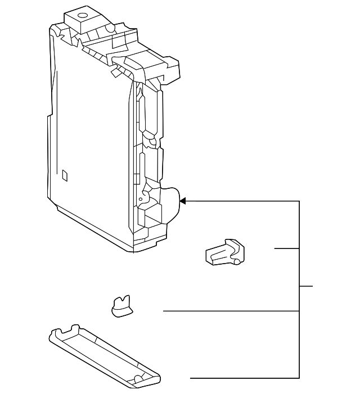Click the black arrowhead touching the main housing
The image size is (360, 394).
(x=182, y=201)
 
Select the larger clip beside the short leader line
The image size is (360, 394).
(x=224, y=251)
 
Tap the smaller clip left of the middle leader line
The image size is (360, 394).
(x=121, y=307)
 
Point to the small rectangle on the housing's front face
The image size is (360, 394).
(x=65, y=175)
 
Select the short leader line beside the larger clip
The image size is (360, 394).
(x=287, y=248)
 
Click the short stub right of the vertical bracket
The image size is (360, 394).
(x=305, y=286)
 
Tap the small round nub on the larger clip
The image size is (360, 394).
(x=238, y=261)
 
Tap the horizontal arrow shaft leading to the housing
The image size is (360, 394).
(x=242, y=201)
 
